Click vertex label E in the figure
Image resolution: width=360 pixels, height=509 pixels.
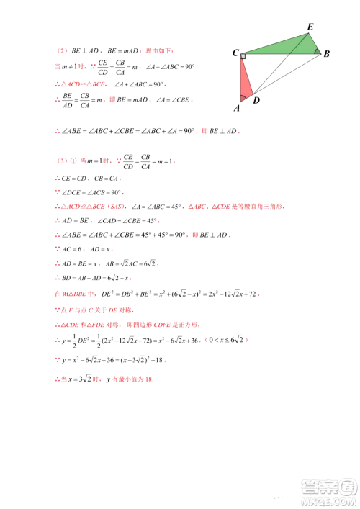(310, 27)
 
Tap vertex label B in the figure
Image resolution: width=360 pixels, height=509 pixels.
(326, 54)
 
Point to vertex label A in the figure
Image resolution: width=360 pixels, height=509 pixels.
(236, 109)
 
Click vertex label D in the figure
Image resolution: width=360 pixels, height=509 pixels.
(256, 101)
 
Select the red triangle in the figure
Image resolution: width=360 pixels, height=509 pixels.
(245, 79)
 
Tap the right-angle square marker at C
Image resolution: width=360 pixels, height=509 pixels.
(243, 55)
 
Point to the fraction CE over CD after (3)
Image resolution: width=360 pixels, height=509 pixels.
(127, 160)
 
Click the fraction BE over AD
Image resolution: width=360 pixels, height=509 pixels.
(67, 100)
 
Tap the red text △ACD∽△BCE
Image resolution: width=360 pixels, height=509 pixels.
(81, 84)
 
